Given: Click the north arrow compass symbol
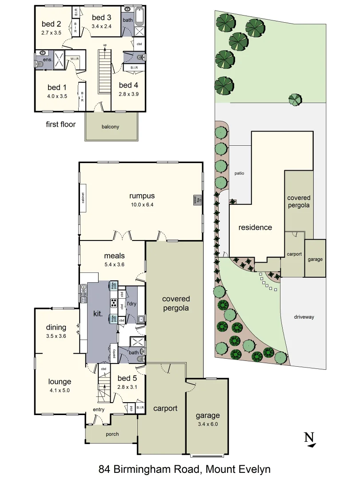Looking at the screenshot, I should point(309,439).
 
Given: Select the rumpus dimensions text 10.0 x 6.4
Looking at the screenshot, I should point(142,204).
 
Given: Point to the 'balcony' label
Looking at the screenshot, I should point(110,127).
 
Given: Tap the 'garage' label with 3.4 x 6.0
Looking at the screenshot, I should point(208,416).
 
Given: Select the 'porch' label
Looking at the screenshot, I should point(112,434).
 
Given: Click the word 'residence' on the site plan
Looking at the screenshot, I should point(255,228).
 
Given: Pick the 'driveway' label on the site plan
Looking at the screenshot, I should point(304,317).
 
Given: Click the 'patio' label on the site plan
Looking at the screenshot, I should point(240,173).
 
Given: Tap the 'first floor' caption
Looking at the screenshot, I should point(61,124).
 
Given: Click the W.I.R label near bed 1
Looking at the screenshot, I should point(74,58).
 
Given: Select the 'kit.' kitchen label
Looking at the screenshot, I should point(98,314).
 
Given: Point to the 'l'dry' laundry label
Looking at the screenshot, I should point(132,304).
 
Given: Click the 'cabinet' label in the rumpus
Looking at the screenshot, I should point(83,198).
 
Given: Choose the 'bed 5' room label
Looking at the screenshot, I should point(127,378).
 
